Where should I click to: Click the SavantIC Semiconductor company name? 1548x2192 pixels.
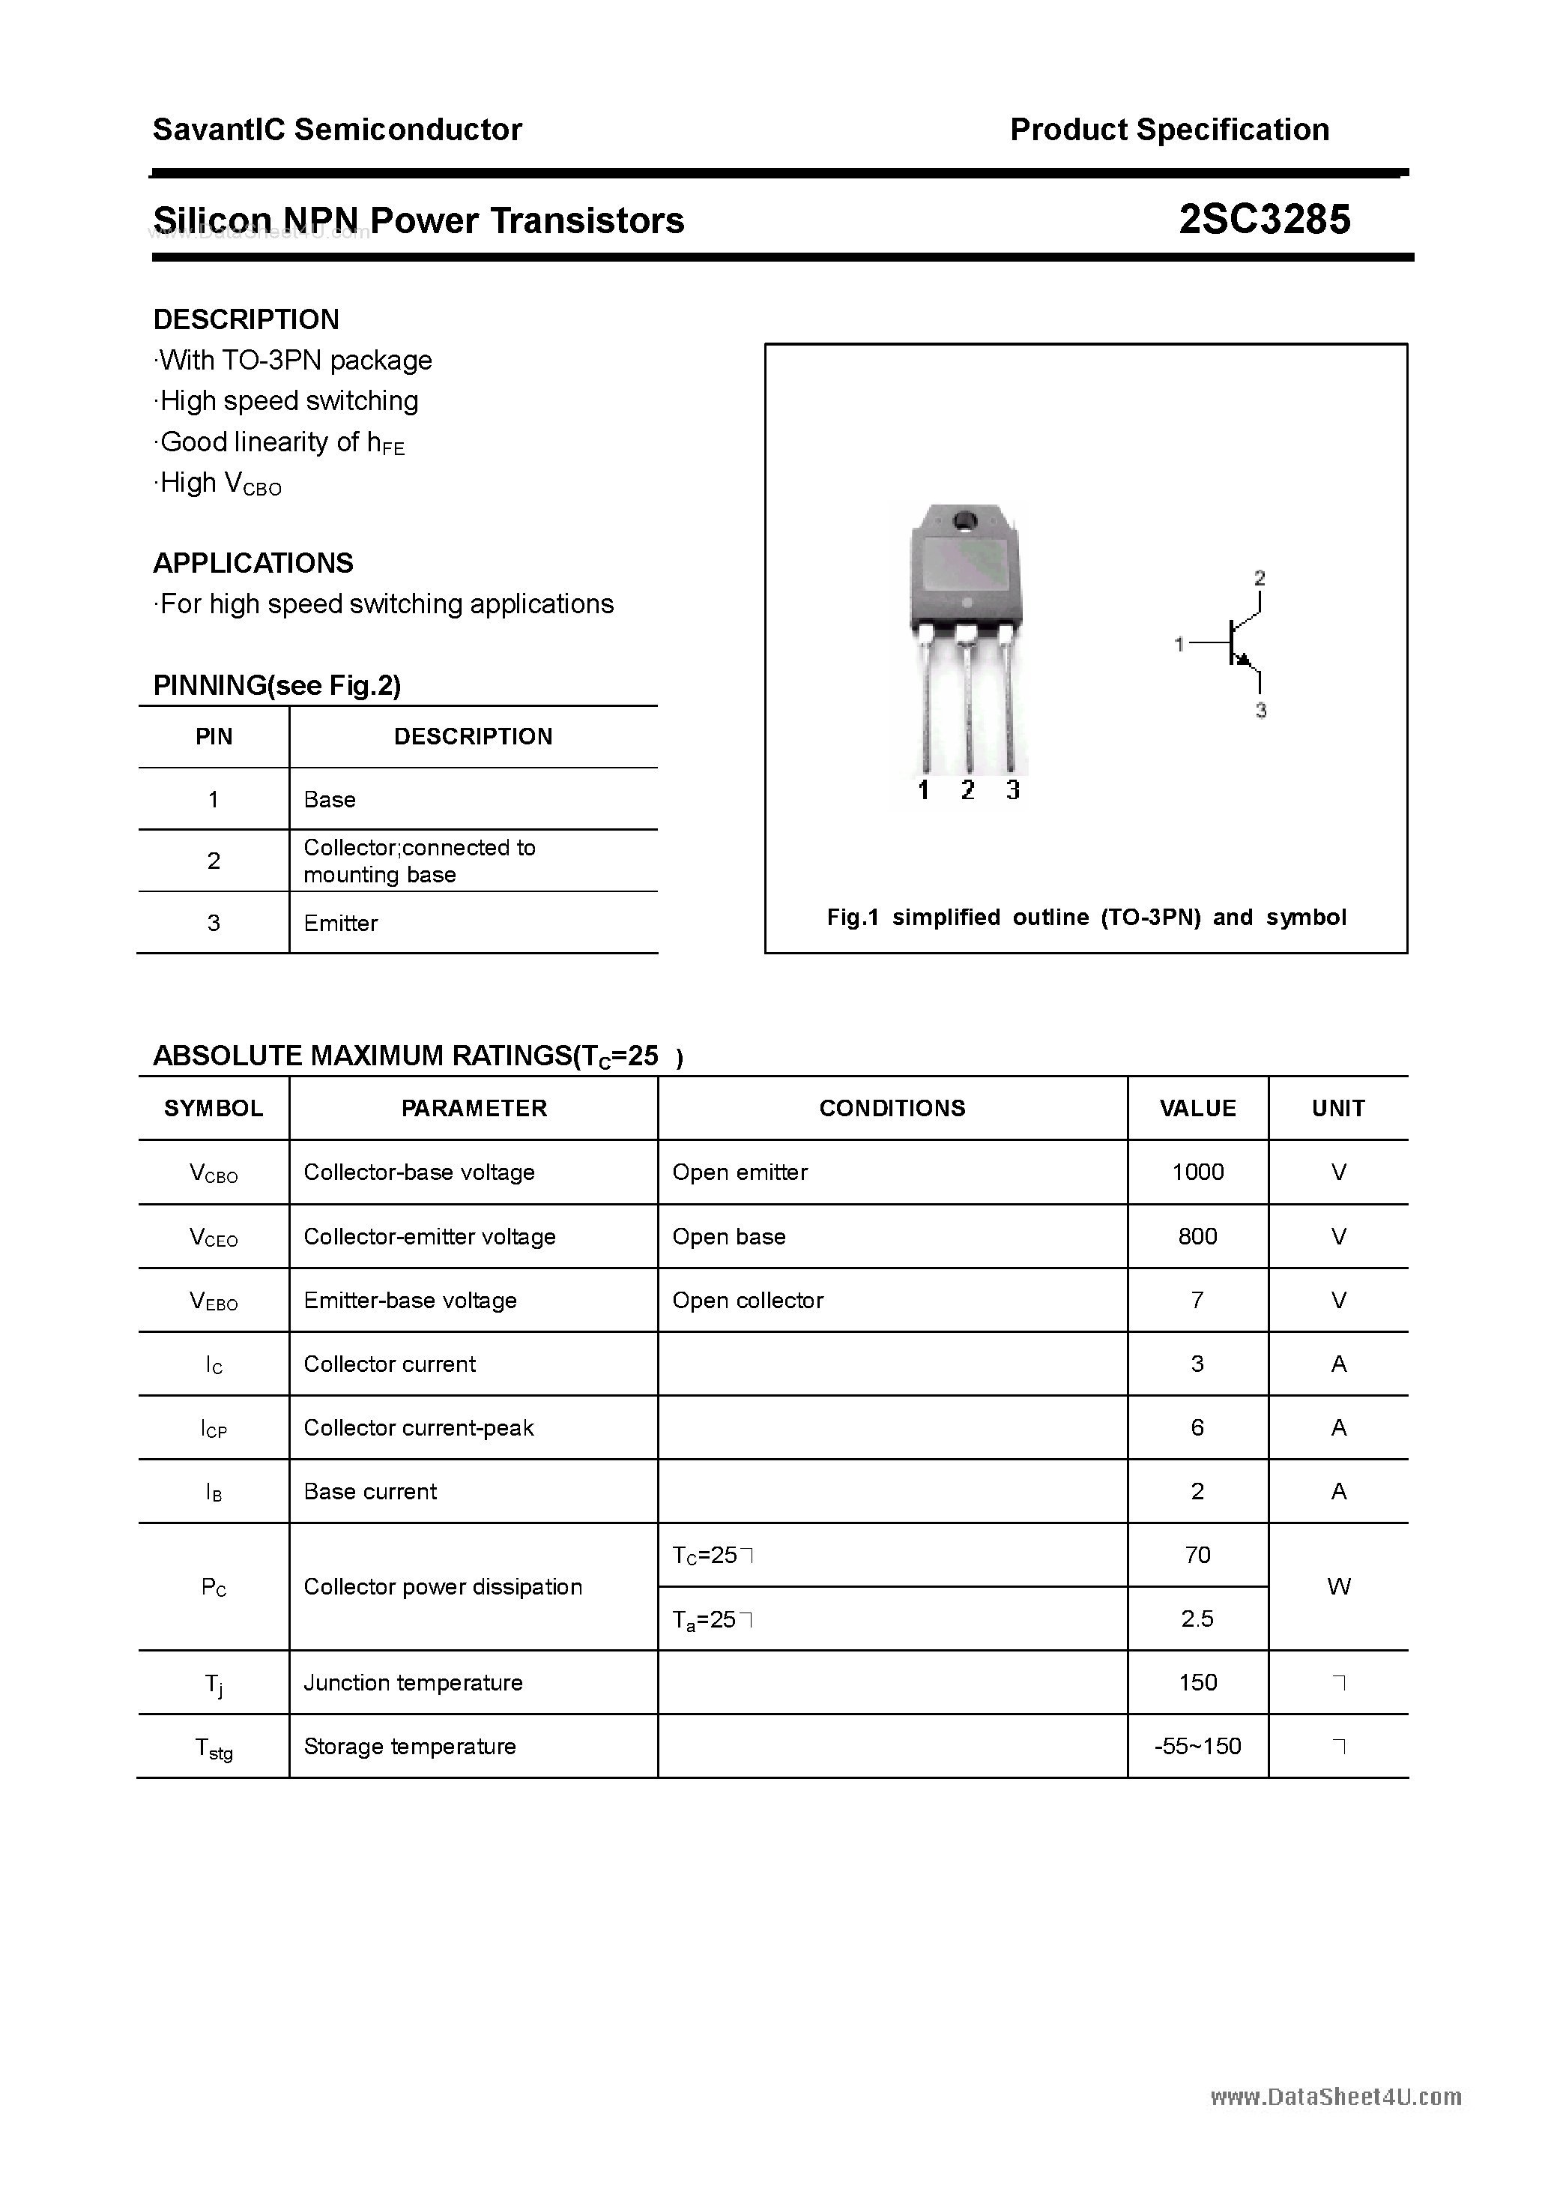(337, 130)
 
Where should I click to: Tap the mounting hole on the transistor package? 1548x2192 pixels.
(964, 520)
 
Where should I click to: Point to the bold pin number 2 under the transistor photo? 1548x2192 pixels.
(968, 789)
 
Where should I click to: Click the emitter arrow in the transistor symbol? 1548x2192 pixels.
(1244, 659)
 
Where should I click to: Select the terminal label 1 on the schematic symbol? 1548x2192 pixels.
(1179, 645)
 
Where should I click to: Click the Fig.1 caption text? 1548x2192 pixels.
(1086, 917)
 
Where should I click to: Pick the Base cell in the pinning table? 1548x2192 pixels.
(329, 799)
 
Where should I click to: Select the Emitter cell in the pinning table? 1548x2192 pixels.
(341, 923)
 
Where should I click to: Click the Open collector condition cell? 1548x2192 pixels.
(747, 1301)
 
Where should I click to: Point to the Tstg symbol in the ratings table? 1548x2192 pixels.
(214, 1747)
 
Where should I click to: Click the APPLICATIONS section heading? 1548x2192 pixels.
(253, 563)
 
